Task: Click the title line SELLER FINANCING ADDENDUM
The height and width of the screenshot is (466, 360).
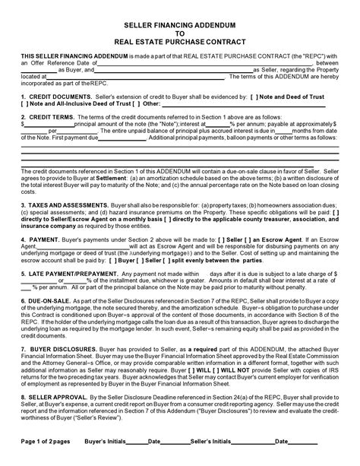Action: [179, 24]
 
